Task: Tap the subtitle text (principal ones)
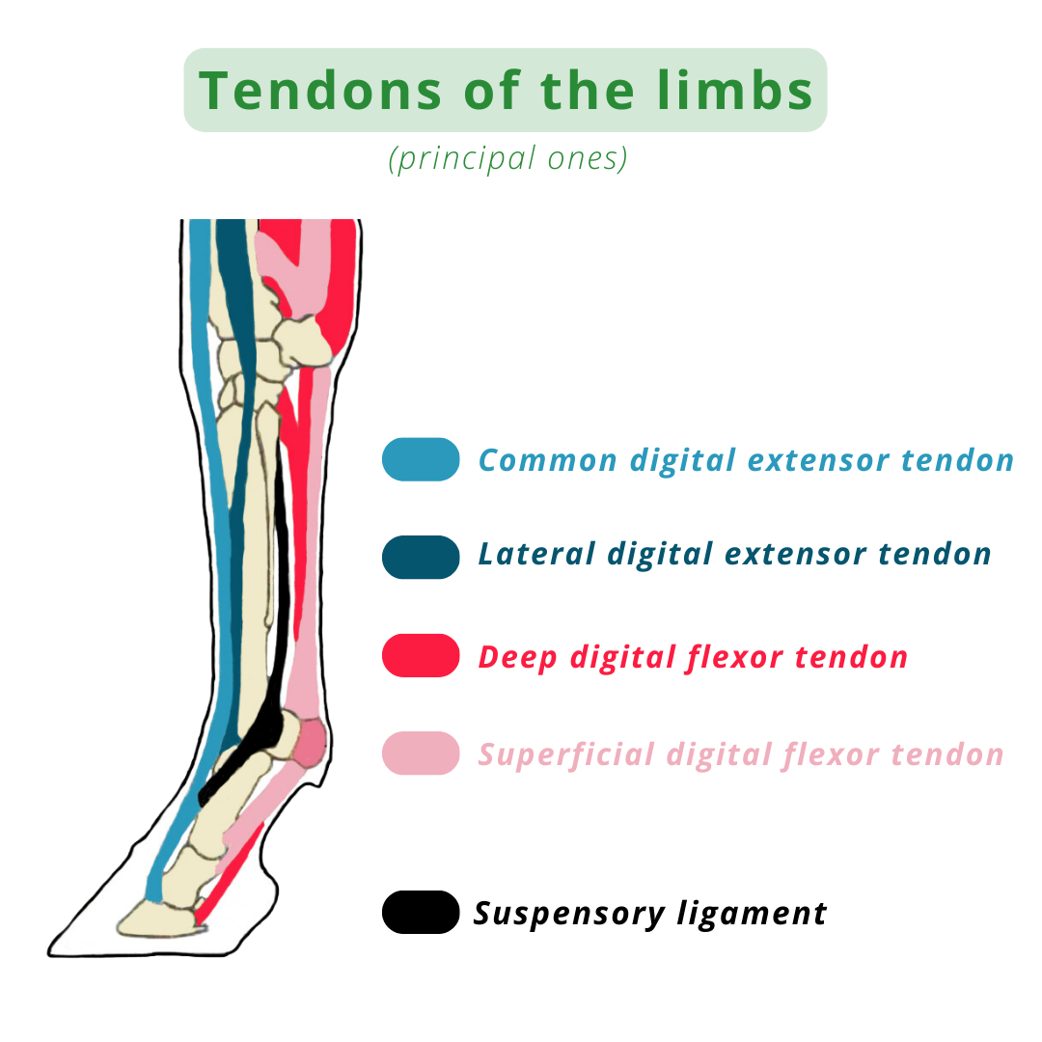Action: pos(507,157)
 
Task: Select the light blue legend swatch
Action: pos(421,459)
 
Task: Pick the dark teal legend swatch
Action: pos(421,557)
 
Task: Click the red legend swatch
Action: pos(421,655)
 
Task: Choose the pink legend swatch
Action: pos(421,753)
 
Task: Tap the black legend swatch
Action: pos(421,912)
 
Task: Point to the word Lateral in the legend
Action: pos(535,554)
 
